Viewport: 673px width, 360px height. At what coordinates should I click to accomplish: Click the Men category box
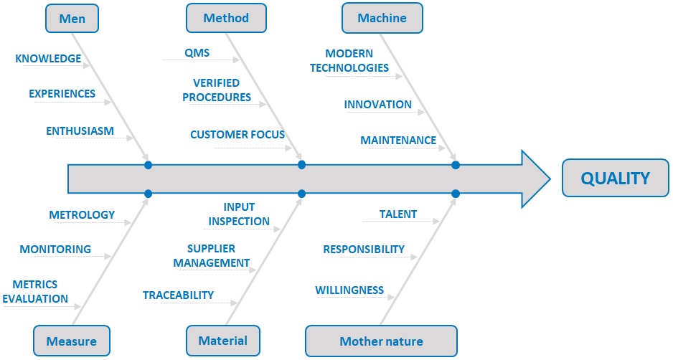(x=72, y=19)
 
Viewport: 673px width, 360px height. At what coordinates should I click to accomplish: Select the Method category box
(x=226, y=18)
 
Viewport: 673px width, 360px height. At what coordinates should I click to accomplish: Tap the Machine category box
(x=382, y=18)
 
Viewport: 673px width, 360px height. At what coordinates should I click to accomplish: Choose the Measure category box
(x=72, y=341)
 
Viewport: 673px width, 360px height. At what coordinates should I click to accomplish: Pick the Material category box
(x=222, y=341)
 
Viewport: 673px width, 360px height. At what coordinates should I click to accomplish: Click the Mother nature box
(x=381, y=341)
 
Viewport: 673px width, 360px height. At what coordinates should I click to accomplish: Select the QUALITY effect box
(x=616, y=178)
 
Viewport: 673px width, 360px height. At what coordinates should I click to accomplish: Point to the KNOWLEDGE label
(x=48, y=58)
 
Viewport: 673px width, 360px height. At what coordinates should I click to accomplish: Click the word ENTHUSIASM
(x=80, y=131)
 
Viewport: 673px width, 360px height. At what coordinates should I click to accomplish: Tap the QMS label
(x=197, y=53)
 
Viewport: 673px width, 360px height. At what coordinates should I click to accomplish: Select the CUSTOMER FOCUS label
(x=237, y=135)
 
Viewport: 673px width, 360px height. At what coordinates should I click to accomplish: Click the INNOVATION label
(x=377, y=104)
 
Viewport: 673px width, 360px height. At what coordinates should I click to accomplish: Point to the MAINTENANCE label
(x=398, y=141)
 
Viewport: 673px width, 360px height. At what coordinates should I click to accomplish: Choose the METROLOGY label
(x=82, y=214)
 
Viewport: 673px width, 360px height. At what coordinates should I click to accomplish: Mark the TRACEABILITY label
(x=178, y=295)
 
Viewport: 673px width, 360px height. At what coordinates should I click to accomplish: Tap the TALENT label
(x=398, y=214)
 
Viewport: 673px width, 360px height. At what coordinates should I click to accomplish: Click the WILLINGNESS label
(x=349, y=290)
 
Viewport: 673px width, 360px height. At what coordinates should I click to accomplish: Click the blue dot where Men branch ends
(x=148, y=165)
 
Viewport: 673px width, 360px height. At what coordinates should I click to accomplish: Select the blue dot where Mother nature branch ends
(x=456, y=194)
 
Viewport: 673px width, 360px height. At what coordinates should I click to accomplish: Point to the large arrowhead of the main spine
(x=535, y=179)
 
